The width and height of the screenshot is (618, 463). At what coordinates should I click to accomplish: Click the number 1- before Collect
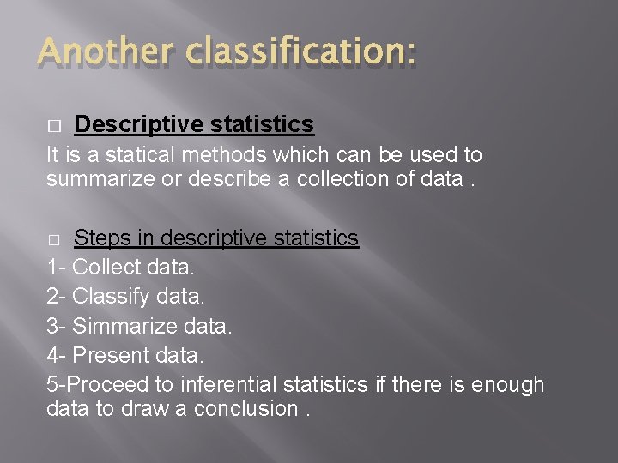click(56, 267)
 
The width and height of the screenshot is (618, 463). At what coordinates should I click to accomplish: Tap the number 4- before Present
click(57, 354)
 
